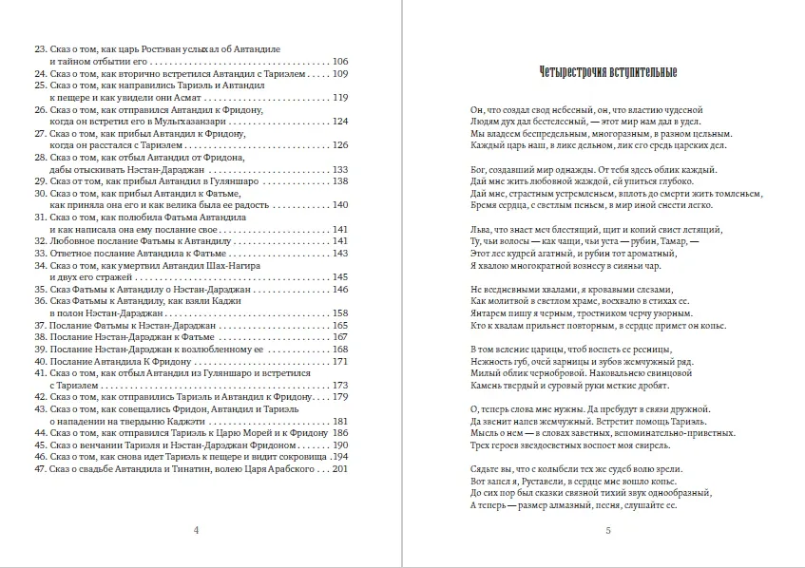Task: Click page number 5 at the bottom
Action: tap(607, 530)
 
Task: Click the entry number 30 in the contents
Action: tap(40, 193)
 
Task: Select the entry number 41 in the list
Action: tap(40, 373)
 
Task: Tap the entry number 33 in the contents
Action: tap(40, 254)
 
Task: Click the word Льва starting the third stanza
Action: tap(481, 229)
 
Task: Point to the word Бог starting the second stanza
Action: tap(480, 169)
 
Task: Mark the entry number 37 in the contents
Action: tap(40, 325)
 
